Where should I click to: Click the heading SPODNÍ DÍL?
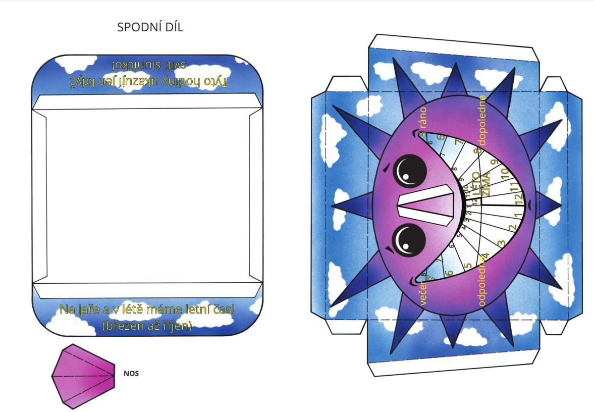(150, 27)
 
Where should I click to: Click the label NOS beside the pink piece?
(131, 374)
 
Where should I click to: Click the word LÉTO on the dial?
(475, 183)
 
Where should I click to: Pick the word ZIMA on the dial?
(487, 184)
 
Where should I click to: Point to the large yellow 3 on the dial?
(501, 243)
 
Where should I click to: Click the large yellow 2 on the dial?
(512, 228)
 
